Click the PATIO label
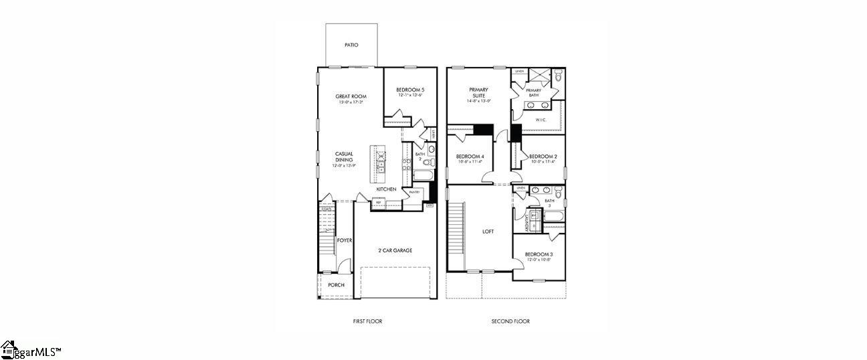point(351,46)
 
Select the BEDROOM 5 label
point(410,90)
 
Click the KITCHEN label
point(386,189)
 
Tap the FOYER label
point(344,240)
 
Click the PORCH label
point(336,285)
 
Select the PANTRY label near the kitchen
point(414,192)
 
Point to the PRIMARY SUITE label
point(478,92)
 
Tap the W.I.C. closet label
point(541,120)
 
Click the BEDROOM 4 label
point(470,157)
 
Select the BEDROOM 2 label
point(543,157)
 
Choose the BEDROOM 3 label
point(538,254)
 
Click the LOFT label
point(488,232)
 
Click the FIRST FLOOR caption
point(367,321)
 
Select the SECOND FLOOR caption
point(510,321)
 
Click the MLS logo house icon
point(8,349)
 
